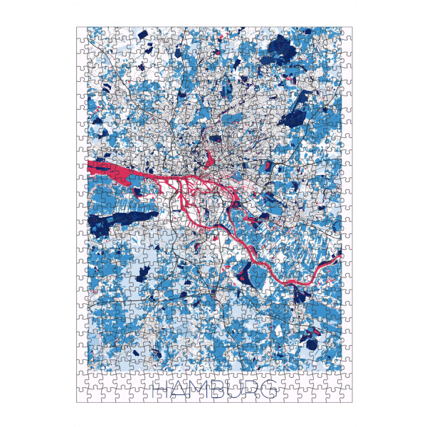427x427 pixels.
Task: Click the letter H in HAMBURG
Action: click(162, 389)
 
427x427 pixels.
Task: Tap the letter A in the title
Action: click(179, 389)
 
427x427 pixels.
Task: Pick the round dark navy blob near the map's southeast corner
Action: click(310, 333)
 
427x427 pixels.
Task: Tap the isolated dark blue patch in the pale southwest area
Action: click(142, 270)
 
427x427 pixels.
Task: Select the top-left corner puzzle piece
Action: click(82, 33)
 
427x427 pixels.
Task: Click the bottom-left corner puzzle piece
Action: click(82, 396)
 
